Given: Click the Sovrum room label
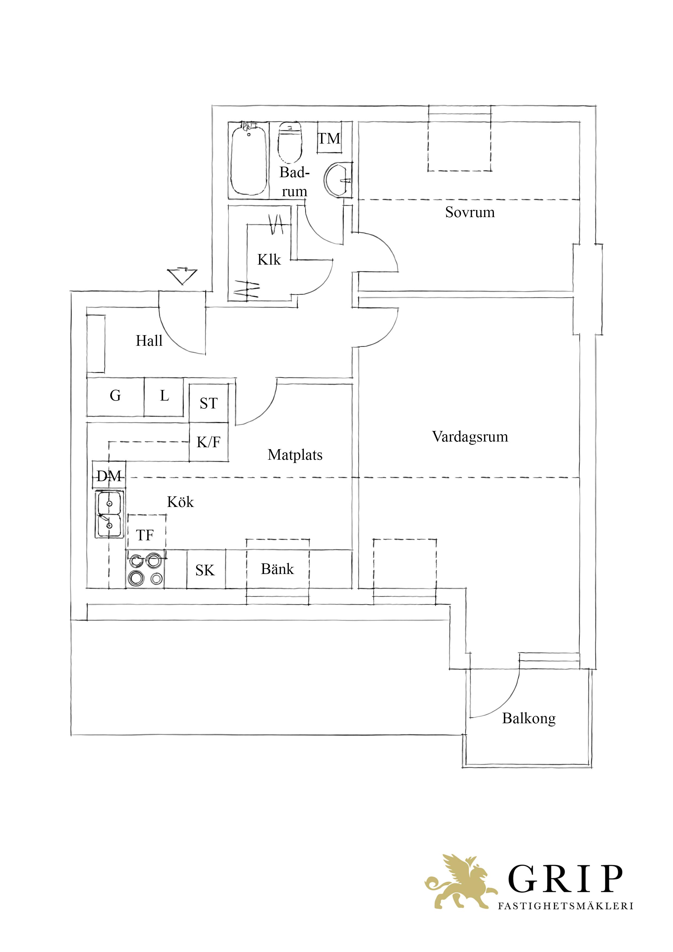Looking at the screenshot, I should click(x=470, y=212).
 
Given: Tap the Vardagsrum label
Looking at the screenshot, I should click(x=470, y=437).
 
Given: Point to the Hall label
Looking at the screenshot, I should click(x=149, y=341).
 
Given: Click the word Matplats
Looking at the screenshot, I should click(x=295, y=455).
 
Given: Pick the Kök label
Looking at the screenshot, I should click(x=180, y=502).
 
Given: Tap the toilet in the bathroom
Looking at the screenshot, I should click(x=290, y=143).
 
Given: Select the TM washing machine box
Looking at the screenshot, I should click(x=329, y=138).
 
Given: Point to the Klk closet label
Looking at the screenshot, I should click(x=269, y=259).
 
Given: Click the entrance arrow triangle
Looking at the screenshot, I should click(x=182, y=276).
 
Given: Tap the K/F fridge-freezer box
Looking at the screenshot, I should click(x=209, y=442).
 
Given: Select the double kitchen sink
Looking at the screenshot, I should click(x=109, y=515).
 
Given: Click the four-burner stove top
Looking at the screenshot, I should click(x=145, y=569).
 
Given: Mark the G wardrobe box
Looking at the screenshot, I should click(x=115, y=396).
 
